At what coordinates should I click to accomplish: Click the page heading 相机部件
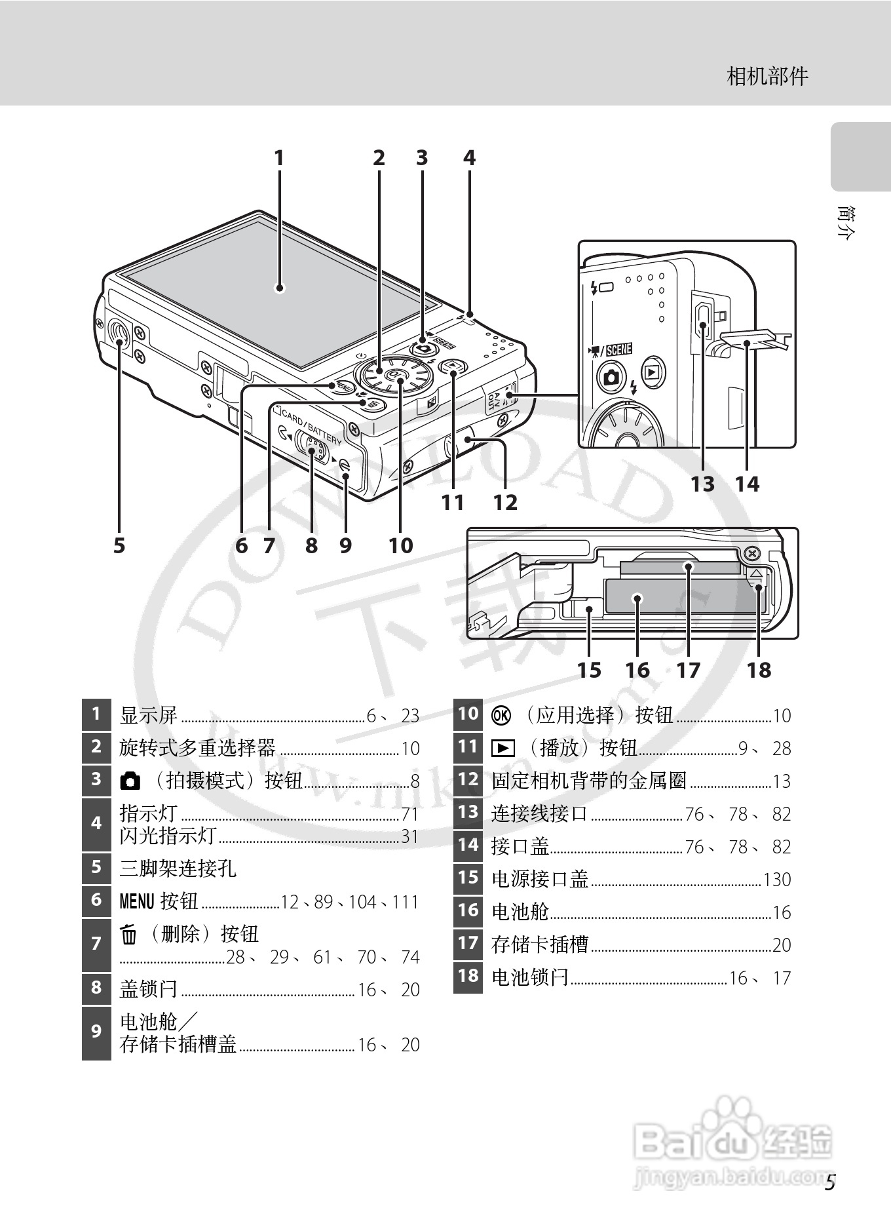[x=768, y=77]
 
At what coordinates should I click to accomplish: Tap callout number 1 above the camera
[x=279, y=158]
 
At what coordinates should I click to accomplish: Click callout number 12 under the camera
[x=505, y=503]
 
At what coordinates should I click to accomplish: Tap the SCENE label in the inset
[x=618, y=349]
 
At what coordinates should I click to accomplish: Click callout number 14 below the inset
[x=747, y=484]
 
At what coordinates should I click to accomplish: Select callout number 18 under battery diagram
[x=759, y=670]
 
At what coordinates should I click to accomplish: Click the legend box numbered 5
[x=96, y=868]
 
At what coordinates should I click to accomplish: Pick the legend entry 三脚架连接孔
[x=178, y=869]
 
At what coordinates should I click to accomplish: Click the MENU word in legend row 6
[x=136, y=902]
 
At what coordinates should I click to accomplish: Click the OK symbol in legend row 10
[x=501, y=715]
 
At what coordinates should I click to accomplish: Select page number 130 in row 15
[x=777, y=880]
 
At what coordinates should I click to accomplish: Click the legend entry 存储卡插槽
[x=540, y=945]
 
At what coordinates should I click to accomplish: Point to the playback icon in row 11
[x=502, y=748]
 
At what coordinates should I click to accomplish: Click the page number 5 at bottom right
[x=830, y=1183]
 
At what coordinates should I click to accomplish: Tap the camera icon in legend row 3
[x=130, y=781]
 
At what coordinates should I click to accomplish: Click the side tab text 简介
[x=846, y=224]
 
